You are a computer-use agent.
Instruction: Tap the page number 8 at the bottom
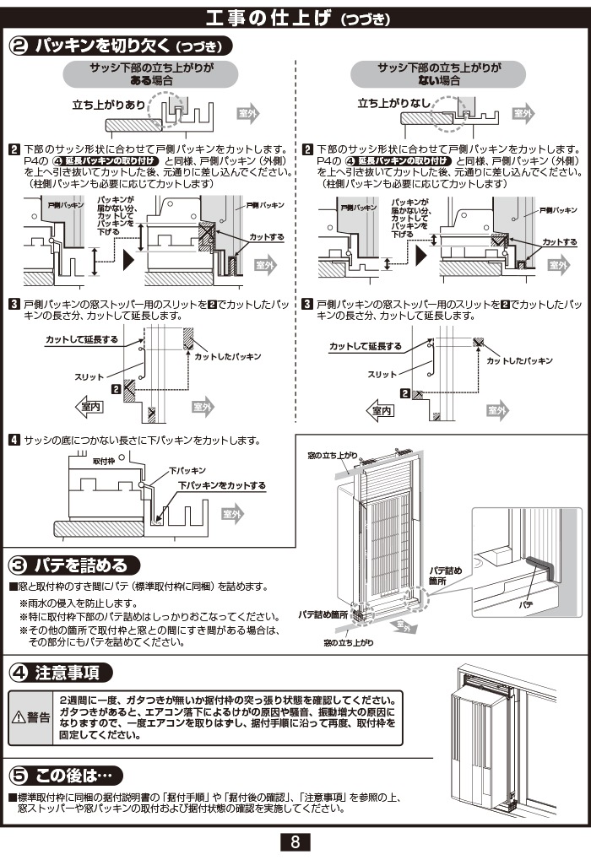295,841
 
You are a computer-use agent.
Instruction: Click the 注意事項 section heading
78,673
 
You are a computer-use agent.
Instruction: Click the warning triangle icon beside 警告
19,718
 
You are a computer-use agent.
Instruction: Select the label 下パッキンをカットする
221,485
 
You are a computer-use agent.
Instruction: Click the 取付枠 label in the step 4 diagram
103,462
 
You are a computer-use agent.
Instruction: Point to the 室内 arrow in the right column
382,410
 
